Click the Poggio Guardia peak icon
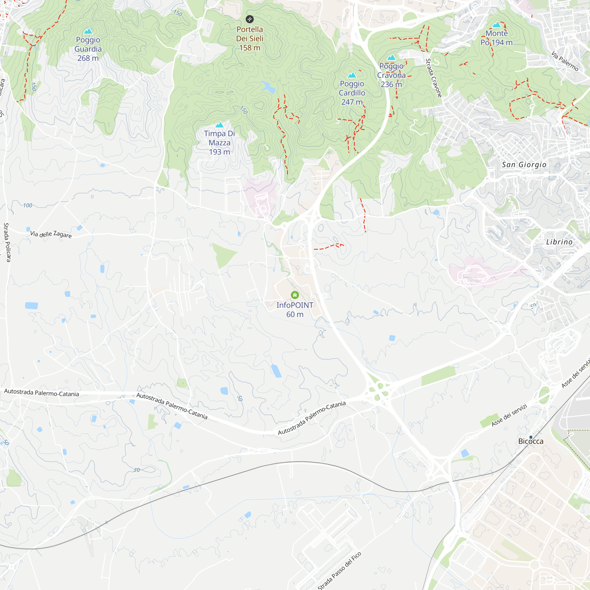pos(88,31)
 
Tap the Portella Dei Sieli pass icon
pos(250,19)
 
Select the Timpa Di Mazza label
pos(219,142)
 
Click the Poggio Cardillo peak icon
pos(352,75)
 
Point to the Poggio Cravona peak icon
pos(391,58)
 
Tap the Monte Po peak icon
pos(496,25)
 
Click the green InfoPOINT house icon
pos(295,295)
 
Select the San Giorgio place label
pos(524,165)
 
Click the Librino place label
pos(559,242)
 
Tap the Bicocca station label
pos(531,441)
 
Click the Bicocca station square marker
pos(531,437)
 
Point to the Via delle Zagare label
pos(51,234)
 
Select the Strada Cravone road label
pos(434,78)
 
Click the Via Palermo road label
pos(565,61)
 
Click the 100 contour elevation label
pos(27,206)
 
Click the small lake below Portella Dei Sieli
pos(268,87)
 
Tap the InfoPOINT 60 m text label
pos(295,310)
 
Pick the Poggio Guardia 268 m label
pos(88,49)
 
